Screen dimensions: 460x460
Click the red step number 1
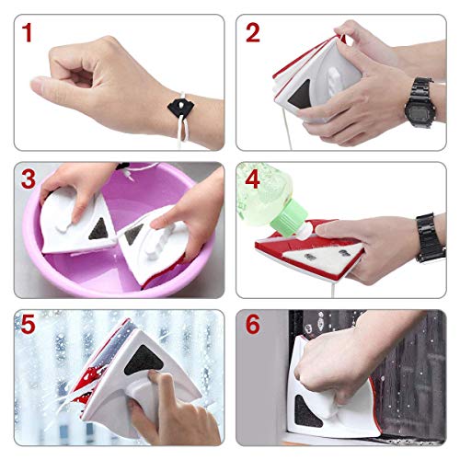click(28, 33)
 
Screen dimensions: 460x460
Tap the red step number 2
click(253, 33)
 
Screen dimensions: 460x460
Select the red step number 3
click(29, 179)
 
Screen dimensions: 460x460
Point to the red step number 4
click(253, 179)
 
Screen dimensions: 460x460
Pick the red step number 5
click(28, 325)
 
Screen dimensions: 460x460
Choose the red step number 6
click(253, 325)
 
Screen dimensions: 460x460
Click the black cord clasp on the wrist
click(180, 108)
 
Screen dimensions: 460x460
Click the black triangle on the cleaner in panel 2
click(301, 94)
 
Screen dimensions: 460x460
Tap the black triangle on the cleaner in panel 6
click(307, 412)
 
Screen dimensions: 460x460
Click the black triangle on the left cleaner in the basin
click(98, 229)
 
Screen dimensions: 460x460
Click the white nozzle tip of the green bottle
click(304, 233)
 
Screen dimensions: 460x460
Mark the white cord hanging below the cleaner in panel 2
click(287, 129)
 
